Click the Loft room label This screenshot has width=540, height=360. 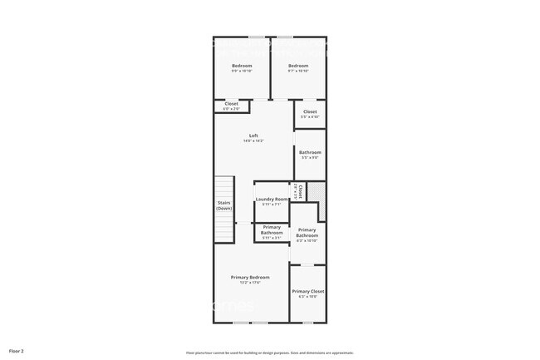tap(253, 136)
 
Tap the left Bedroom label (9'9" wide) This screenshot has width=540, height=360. tap(242, 66)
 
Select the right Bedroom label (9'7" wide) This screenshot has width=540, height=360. tap(298, 66)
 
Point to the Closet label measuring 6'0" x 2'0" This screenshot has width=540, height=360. tap(231, 104)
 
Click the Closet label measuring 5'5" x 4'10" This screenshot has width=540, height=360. tap(310, 111)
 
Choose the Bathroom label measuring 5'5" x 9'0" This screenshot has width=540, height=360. tap(310, 152)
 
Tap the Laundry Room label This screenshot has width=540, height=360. tap(272, 199)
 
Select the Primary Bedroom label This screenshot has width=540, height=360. tap(250, 277)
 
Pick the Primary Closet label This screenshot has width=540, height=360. tap(307, 291)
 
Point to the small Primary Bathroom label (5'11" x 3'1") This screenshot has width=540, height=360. tap(272, 230)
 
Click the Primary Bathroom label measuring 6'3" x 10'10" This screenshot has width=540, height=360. tap(307, 233)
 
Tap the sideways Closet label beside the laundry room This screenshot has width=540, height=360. tap(299, 192)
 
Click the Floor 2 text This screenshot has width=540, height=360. tap(17, 352)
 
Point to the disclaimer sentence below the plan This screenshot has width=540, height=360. tap(269, 353)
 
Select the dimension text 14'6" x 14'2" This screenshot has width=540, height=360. tap(253, 141)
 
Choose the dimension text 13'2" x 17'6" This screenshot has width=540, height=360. tap(250, 283)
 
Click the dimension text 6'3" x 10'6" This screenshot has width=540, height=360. tap(307, 297)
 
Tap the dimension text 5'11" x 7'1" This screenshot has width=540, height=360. tap(272, 205)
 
